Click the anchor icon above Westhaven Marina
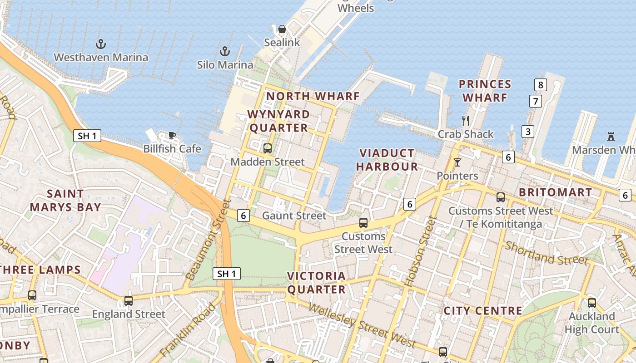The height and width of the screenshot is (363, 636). click(101, 44)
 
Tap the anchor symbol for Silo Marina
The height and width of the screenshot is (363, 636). click(224, 51)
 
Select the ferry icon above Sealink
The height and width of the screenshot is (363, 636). click(282, 29)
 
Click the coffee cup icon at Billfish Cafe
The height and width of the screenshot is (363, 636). click(172, 135)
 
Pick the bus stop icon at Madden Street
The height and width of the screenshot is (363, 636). click(267, 148)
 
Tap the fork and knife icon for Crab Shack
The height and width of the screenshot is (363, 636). click(465, 121)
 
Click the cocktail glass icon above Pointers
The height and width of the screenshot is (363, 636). click(457, 162)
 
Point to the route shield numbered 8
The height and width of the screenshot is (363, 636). click(540, 84)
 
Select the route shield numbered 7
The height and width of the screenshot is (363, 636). click(536, 101)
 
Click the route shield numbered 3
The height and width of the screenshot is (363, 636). click(527, 132)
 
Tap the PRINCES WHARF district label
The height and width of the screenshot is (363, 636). click(485, 91)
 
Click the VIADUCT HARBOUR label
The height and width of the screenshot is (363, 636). click(387, 160)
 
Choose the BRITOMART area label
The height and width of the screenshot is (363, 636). click(555, 192)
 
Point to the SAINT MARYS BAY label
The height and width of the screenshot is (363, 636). click(65, 201)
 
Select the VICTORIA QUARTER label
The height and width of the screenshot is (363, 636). click(317, 283)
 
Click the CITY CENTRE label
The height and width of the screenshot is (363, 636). click(482, 311)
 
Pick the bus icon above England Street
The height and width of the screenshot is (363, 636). click(129, 300)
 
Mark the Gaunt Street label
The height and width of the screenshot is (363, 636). click(294, 216)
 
